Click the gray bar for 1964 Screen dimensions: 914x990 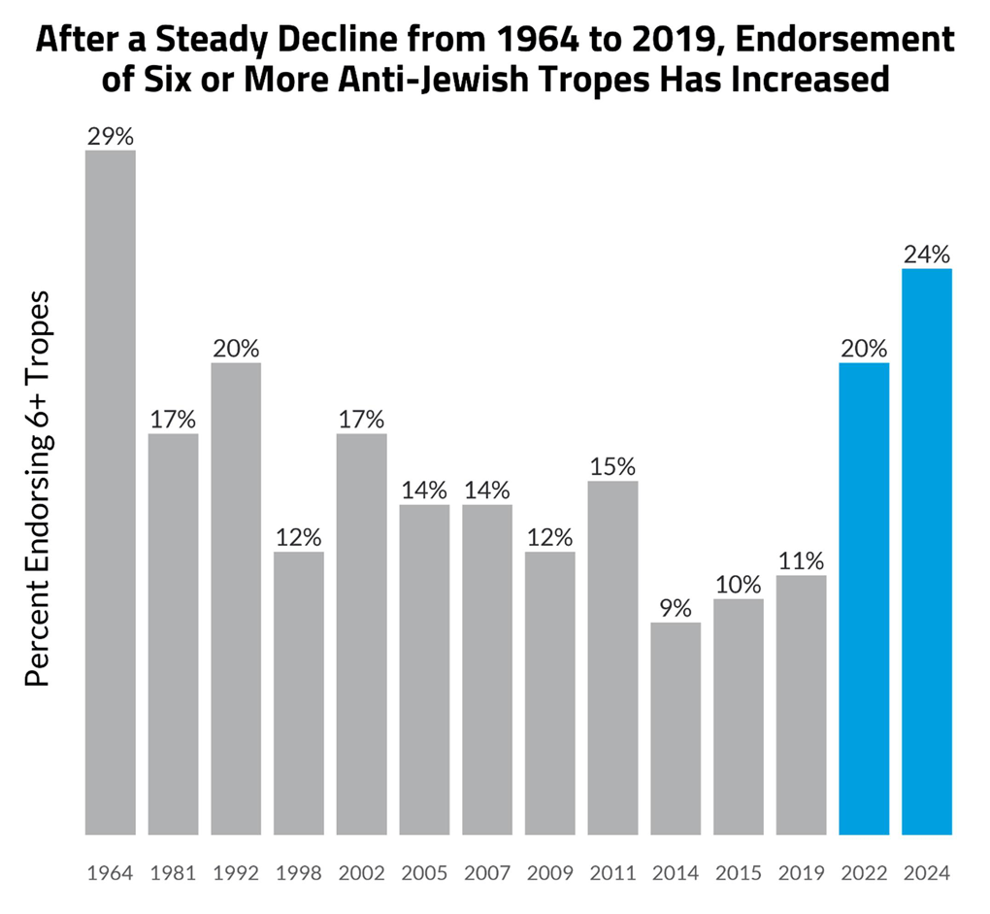click(x=110, y=491)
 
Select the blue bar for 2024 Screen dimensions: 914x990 click(x=927, y=551)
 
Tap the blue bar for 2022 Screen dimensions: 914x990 click(x=864, y=598)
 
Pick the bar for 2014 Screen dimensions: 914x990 click(x=676, y=728)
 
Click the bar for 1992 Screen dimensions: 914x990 click(x=236, y=598)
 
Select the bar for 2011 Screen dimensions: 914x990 click(x=612, y=657)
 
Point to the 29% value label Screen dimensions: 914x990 click(x=110, y=136)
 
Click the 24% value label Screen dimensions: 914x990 click(x=927, y=254)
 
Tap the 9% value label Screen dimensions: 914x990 click(x=676, y=608)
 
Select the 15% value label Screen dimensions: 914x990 click(x=612, y=466)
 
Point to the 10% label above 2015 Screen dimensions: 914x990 click(x=739, y=585)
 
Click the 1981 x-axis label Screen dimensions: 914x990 click(x=173, y=872)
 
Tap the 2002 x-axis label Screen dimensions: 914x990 click(x=361, y=872)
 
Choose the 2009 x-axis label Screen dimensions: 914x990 click(x=549, y=872)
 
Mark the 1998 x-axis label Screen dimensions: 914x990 click(x=298, y=872)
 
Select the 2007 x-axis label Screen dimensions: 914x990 click(x=487, y=872)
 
